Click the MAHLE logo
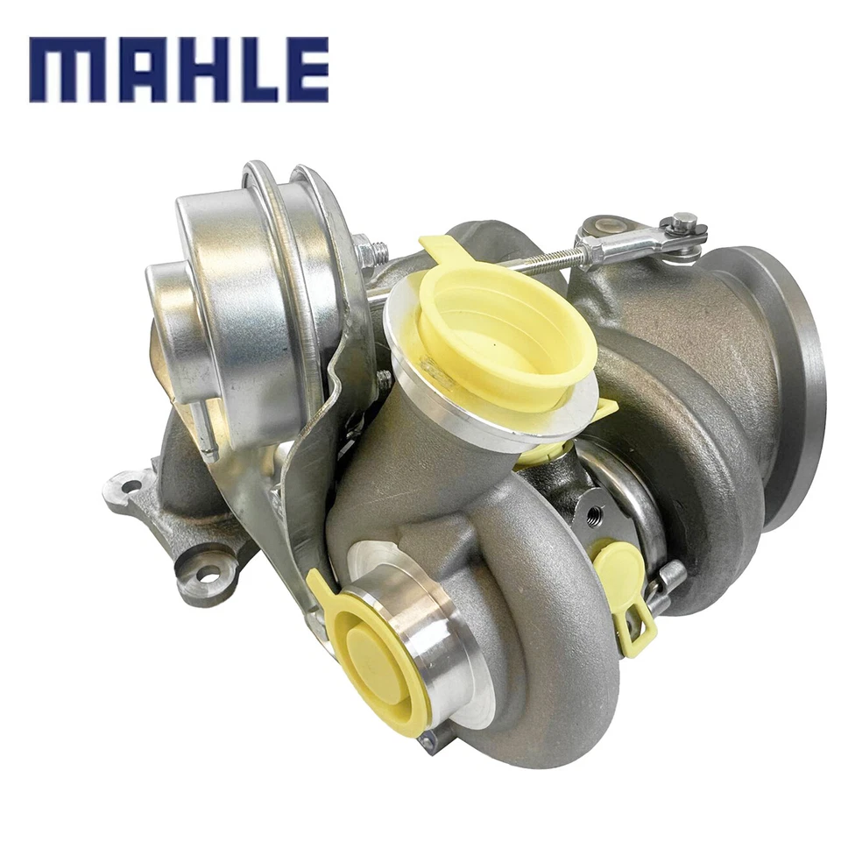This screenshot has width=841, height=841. [x=179, y=69]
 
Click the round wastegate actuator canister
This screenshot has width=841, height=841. [x=237, y=289]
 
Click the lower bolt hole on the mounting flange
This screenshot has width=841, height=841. [x=207, y=575]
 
